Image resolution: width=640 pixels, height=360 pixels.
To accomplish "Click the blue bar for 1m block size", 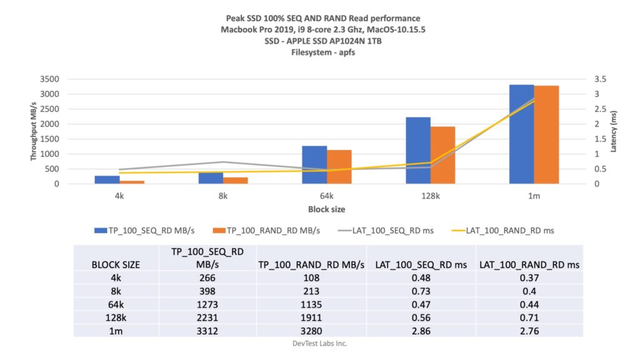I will (522, 134).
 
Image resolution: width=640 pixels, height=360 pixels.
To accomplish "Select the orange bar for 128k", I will (442, 155).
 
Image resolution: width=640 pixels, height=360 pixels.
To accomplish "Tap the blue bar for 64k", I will (314, 165).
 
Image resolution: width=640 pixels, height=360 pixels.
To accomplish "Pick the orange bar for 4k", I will (132, 182).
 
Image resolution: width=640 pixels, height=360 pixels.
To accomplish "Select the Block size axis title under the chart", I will (326, 209).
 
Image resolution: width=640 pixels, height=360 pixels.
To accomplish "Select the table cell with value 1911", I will (311, 317).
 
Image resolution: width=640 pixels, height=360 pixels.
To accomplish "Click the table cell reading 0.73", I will (421, 291).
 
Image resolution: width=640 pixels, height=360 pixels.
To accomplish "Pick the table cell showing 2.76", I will (529, 331).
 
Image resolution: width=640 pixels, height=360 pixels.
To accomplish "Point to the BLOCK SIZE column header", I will (116, 264).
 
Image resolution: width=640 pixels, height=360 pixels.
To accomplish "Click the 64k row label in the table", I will (116, 304).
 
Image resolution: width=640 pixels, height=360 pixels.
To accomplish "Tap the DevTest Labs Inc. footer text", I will (319, 343).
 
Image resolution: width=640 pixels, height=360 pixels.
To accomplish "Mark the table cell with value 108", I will (311, 278).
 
